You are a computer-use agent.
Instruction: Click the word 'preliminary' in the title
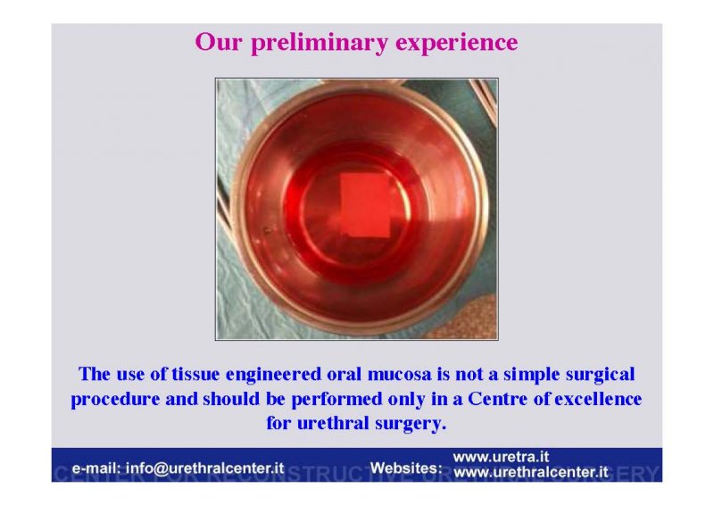click(320, 42)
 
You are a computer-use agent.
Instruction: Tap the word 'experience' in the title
click(457, 43)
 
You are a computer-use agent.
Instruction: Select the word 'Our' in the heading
click(219, 41)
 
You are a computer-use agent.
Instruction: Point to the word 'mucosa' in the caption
click(399, 375)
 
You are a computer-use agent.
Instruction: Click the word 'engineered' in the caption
click(274, 375)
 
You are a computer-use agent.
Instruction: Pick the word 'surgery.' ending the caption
click(411, 424)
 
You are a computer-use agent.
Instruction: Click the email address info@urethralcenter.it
click(205, 468)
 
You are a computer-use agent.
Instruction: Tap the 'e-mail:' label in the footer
click(96, 468)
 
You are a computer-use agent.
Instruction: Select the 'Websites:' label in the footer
click(406, 468)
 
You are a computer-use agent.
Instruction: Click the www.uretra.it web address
click(501, 457)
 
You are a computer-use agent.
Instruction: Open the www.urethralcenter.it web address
click(531, 472)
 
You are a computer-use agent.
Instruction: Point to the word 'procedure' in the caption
click(116, 400)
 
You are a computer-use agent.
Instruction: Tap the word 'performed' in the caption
click(336, 400)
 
